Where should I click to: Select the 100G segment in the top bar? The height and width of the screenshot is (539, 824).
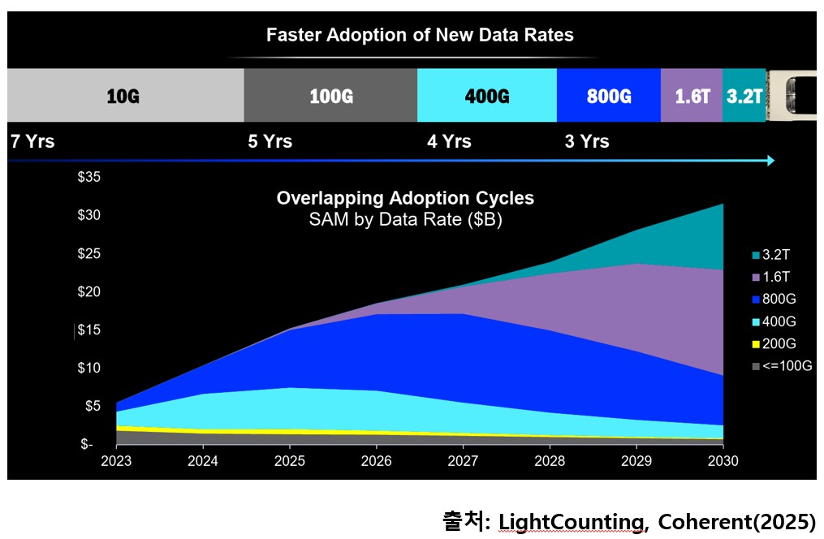(x=330, y=96)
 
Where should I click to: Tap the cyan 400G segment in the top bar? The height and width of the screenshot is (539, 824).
(x=486, y=96)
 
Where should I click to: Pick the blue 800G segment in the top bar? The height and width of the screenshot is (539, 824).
(x=608, y=96)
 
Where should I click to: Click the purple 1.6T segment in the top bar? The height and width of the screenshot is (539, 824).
(x=692, y=96)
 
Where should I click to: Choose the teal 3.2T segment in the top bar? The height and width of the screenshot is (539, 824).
(x=744, y=96)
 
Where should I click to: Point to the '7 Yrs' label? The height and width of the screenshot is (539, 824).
(x=32, y=141)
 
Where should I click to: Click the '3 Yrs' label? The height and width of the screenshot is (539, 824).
(x=586, y=141)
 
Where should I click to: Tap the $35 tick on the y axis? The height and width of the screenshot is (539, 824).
(x=89, y=177)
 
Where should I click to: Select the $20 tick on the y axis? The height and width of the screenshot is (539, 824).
(x=89, y=291)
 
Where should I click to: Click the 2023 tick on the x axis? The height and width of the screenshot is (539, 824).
(x=117, y=460)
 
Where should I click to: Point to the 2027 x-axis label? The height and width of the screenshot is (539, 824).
(x=463, y=460)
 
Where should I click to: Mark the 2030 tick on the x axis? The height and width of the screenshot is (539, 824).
(x=723, y=460)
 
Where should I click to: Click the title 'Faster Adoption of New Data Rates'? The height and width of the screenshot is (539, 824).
(x=420, y=35)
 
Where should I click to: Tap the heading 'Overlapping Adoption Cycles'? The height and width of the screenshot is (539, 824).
(x=405, y=198)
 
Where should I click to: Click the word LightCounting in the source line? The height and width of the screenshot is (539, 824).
(x=566, y=520)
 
